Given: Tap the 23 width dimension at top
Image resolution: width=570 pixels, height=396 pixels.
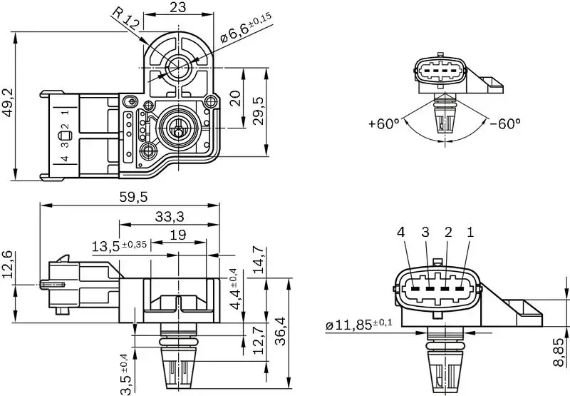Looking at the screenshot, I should pos(178,9).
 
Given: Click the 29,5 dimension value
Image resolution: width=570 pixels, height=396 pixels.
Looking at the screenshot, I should pos(257,111).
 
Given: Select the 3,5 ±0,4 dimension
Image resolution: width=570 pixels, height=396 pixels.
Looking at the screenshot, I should pos(125,373).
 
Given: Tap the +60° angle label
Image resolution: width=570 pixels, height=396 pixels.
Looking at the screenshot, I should pos(383,123).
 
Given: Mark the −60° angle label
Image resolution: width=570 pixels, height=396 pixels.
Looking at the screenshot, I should pos(504,123).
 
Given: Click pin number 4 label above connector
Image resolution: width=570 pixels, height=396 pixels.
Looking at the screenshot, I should pos(402,232).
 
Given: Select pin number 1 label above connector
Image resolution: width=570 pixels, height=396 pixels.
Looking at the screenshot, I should pos(470,232).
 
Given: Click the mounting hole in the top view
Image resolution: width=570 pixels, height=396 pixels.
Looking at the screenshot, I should pos(177,67).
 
